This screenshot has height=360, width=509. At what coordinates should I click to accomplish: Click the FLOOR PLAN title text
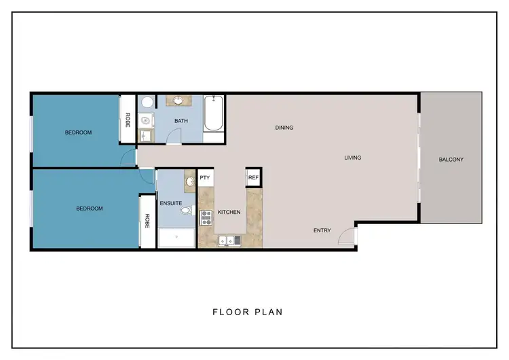pos(247,312)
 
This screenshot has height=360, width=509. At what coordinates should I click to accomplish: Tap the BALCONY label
pos(451,160)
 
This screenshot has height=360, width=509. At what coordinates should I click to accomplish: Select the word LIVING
pos(353,158)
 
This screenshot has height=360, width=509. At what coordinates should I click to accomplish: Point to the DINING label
pos(284,127)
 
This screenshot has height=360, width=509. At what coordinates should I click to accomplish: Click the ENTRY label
pos(322,230)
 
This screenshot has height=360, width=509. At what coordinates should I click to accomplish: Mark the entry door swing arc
pos(345,235)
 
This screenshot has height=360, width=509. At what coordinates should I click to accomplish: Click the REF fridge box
pos(253,177)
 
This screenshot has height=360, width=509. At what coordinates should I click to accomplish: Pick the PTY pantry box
pos(204,178)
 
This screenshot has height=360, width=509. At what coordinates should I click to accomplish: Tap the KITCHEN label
pos(229,213)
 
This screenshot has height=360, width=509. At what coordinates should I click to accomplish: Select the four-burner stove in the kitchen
pos(206,217)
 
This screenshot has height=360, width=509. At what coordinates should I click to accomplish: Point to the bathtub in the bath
pos(213,113)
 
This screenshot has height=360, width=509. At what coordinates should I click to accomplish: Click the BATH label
pos(181,121)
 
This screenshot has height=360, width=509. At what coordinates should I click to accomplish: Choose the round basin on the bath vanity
pos(179,101)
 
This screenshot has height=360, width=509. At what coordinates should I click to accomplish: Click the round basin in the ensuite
pos(190,180)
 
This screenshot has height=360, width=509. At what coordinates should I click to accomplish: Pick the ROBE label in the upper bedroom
pos(127,120)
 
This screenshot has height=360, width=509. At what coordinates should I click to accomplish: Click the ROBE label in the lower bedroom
pos(147,221)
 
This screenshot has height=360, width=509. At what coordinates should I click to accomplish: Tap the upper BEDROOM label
pos(78,132)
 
